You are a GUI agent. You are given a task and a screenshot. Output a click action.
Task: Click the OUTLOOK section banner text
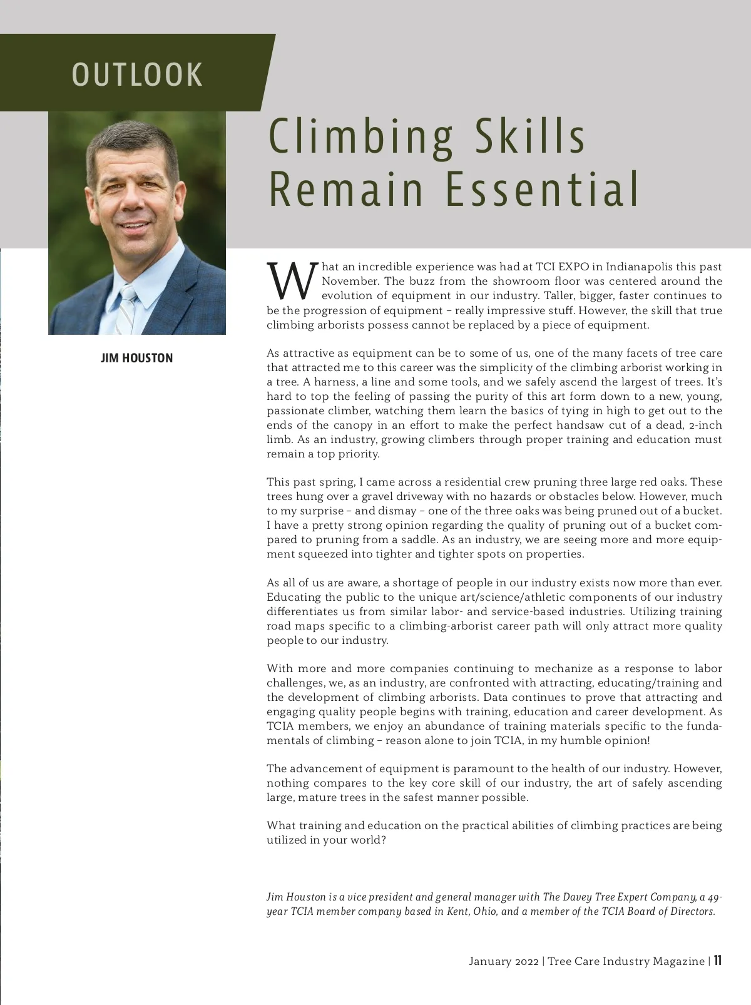[x=138, y=74]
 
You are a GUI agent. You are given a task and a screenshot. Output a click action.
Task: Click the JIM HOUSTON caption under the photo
[x=136, y=358]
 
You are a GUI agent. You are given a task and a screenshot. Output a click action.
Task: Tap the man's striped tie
[x=126, y=310]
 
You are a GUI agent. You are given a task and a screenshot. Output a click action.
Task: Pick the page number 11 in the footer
[x=718, y=961]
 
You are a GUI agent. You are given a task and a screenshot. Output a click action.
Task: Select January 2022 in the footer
[x=503, y=961]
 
